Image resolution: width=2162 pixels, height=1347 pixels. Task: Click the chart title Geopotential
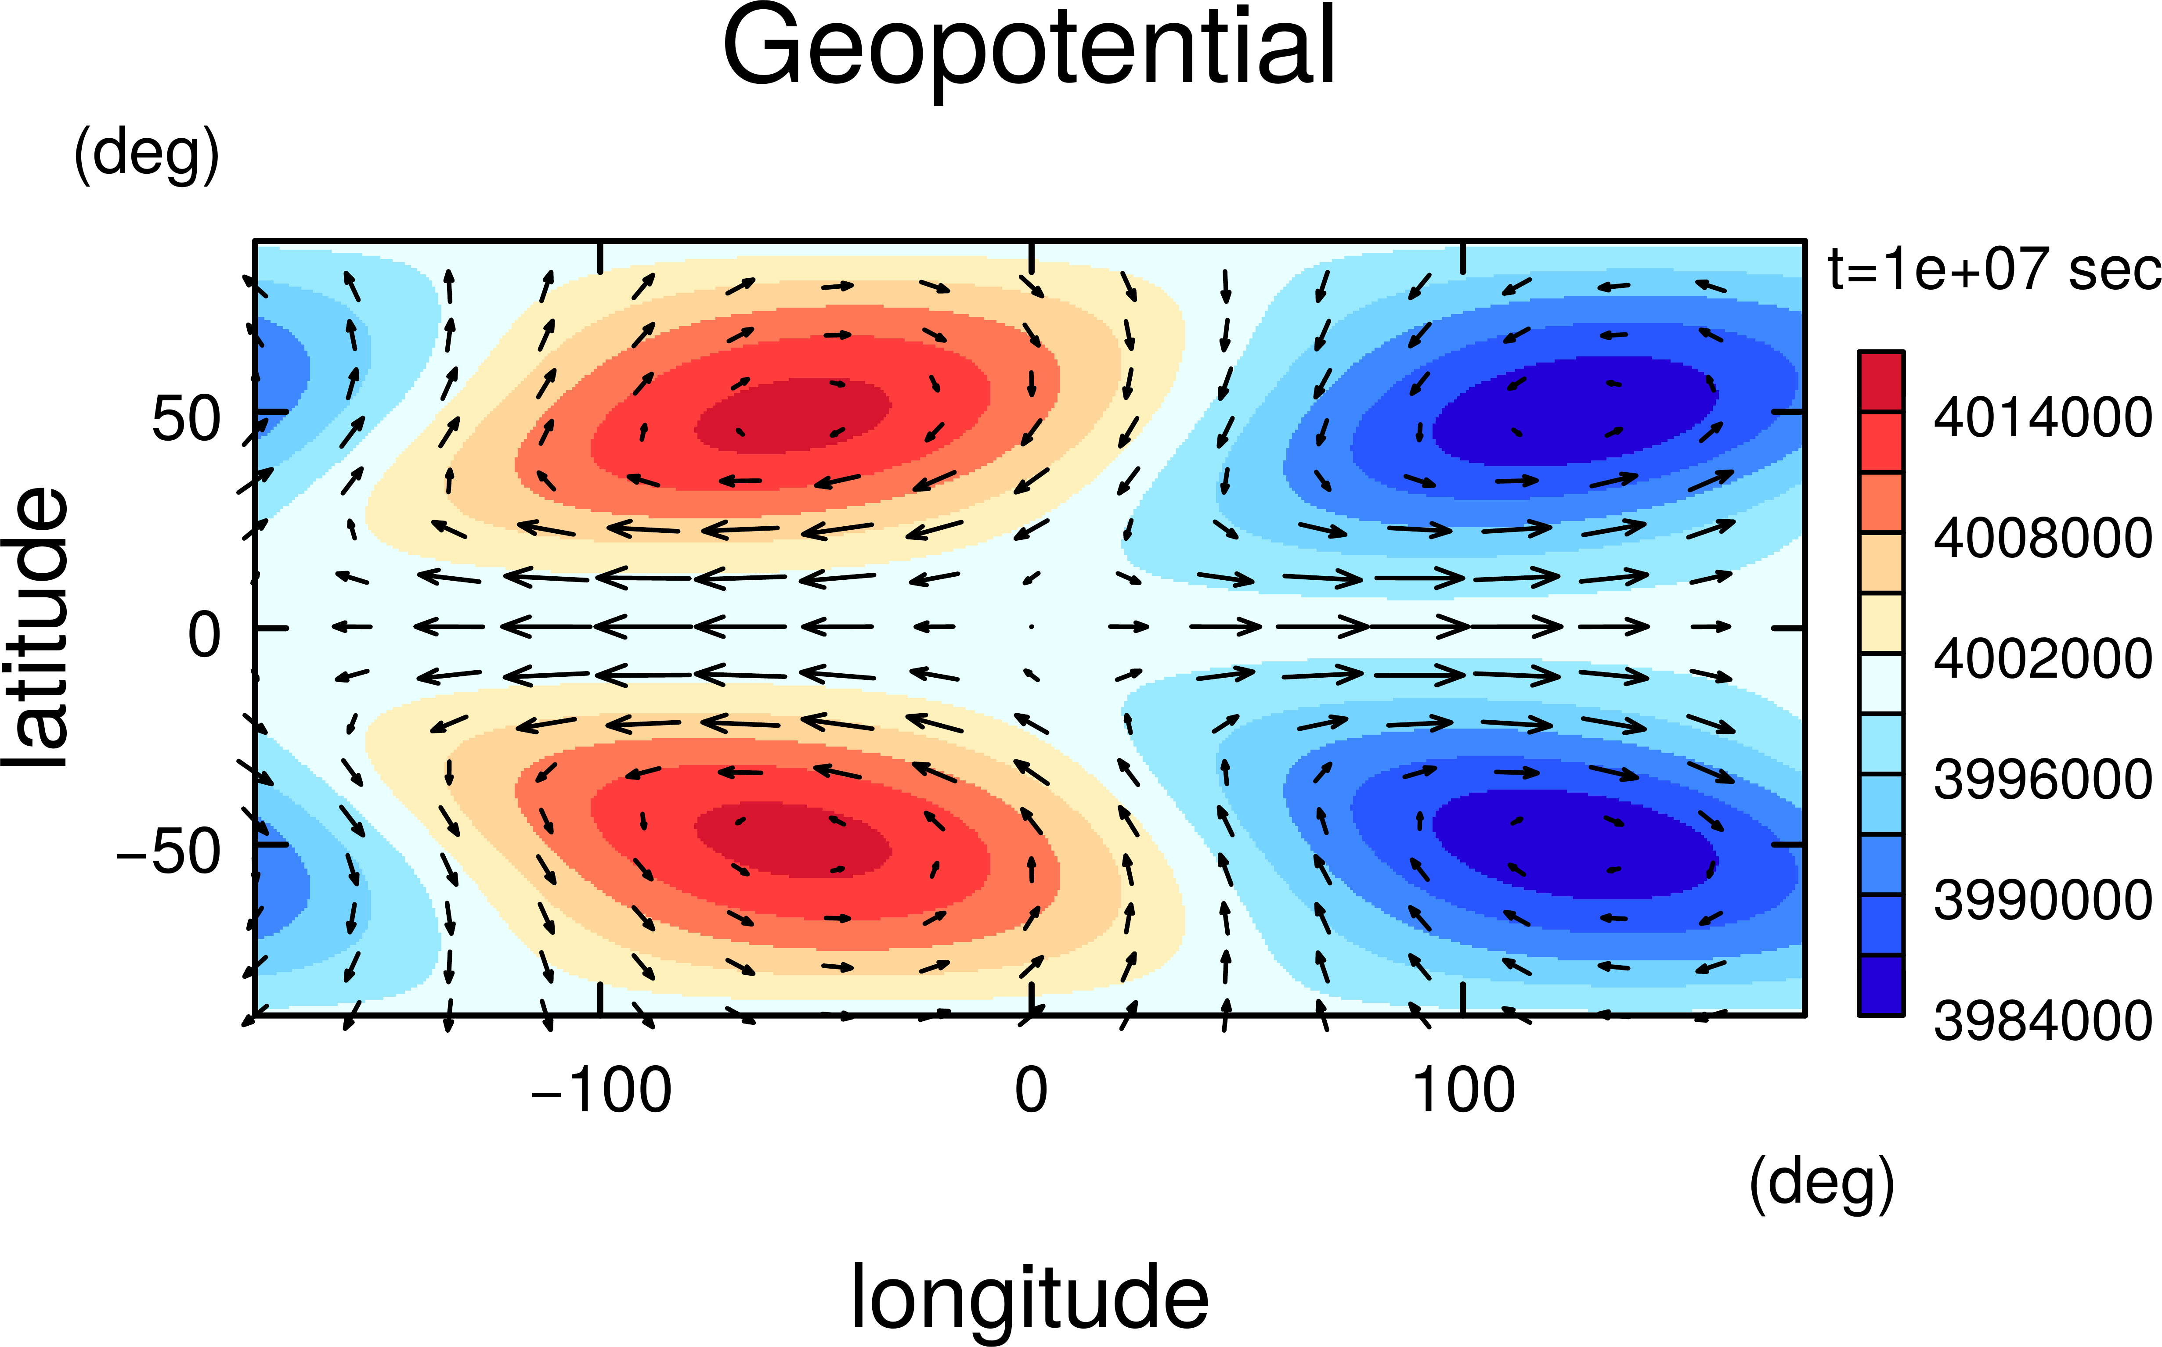click(x=1029, y=49)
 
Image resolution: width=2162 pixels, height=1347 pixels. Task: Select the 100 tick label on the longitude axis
click(x=1463, y=1090)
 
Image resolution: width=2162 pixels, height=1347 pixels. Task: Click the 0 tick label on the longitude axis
click(x=1031, y=1090)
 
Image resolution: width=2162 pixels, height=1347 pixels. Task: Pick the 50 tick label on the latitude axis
click(x=185, y=419)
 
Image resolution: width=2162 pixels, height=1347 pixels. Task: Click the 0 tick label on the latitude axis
click(x=204, y=636)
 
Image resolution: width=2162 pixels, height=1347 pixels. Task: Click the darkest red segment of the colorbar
click(x=1880, y=381)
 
